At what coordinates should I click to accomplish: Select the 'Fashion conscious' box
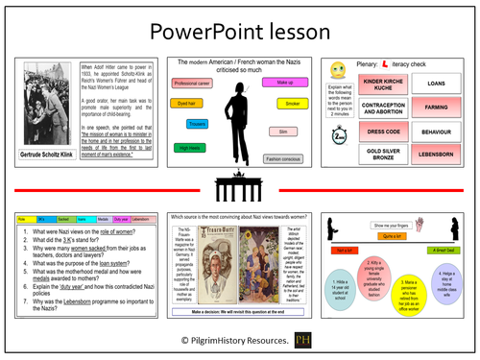click(284, 157)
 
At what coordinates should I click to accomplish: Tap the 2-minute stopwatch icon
click(339, 137)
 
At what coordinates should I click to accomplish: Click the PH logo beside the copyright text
click(303, 341)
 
